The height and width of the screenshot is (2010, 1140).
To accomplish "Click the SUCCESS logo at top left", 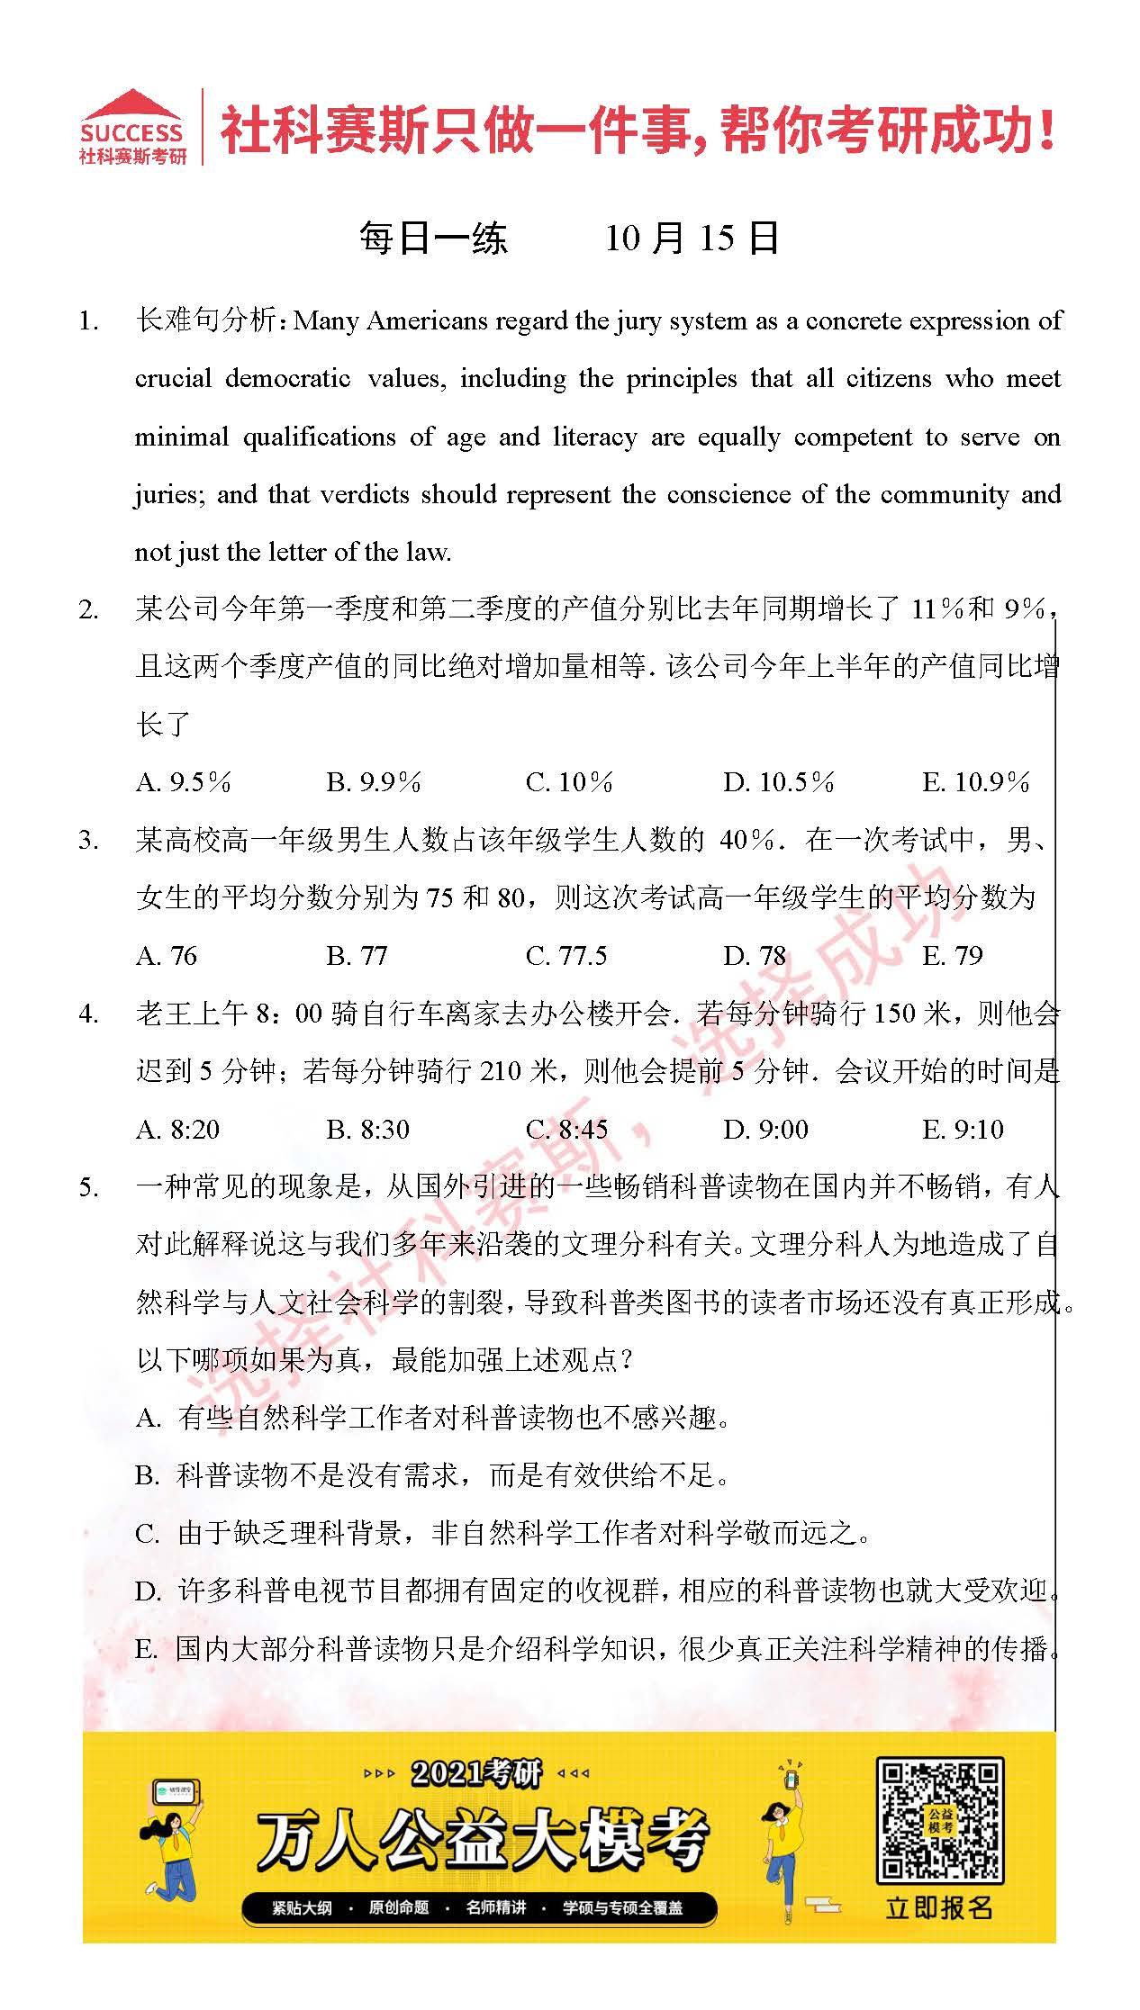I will click(131, 129).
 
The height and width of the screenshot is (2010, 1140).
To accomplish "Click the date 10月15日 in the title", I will click(691, 239).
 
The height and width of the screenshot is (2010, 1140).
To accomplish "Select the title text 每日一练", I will click(433, 239).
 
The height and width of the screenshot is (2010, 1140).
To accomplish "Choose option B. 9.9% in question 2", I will click(373, 782).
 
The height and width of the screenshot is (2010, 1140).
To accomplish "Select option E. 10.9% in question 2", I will click(975, 782).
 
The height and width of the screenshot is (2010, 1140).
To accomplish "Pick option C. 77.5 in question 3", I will click(565, 956).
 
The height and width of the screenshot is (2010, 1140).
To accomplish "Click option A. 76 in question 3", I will click(167, 956).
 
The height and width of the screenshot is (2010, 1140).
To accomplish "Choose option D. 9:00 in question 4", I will click(765, 1130).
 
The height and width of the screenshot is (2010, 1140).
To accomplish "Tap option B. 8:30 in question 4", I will click(367, 1130).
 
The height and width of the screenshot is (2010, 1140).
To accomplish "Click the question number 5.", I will click(88, 1188).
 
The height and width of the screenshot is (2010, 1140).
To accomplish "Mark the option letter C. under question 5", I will click(147, 1535).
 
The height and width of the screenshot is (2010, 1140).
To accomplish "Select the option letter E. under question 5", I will click(146, 1650).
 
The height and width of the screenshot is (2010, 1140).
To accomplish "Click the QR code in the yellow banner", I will click(939, 1821).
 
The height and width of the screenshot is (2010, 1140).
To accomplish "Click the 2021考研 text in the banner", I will click(476, 1774).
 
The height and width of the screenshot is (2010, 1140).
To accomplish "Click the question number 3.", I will click(88, 842).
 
